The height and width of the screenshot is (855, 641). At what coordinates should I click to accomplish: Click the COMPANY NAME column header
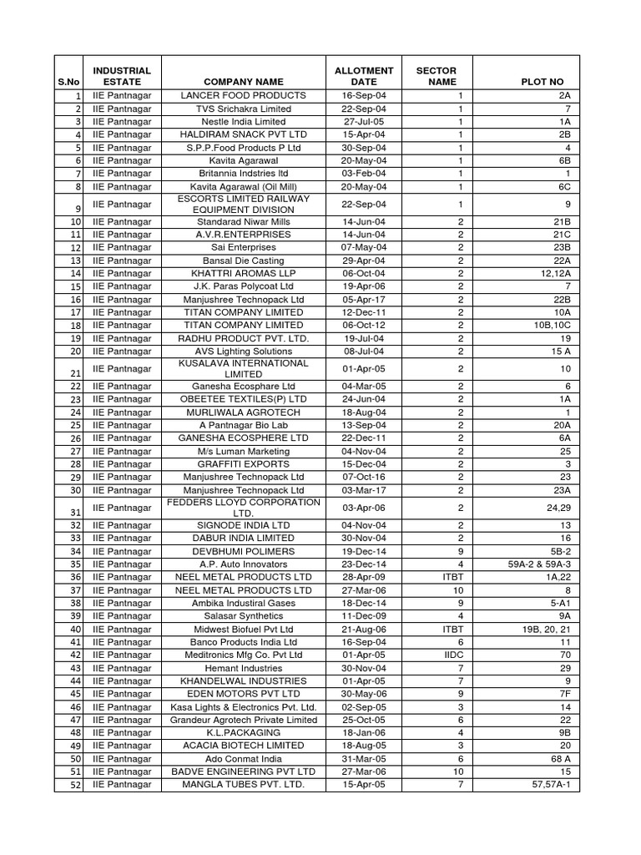243,82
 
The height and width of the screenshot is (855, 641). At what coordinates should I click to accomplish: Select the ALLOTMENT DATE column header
364,76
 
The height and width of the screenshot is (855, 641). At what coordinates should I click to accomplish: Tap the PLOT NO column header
543,82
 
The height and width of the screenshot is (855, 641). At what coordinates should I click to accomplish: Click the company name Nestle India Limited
243,122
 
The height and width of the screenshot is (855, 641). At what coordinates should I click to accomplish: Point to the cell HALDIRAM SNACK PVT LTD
243,134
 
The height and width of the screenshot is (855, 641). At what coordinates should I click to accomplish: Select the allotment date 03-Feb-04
364,173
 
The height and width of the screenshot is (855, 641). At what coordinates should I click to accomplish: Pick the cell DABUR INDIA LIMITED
243,539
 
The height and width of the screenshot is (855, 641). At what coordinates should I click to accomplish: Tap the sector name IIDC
460,655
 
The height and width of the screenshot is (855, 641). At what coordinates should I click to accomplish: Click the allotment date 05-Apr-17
364,299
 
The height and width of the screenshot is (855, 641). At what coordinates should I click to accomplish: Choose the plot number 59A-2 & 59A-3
538,564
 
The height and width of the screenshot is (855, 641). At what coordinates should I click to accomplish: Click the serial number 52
75,785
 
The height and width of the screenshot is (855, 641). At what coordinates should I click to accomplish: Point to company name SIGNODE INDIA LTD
243,525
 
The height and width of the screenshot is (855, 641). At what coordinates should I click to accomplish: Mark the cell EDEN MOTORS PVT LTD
243,694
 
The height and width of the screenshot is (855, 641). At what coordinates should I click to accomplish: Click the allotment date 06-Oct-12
364,325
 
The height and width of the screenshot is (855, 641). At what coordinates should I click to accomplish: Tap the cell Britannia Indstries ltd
243,173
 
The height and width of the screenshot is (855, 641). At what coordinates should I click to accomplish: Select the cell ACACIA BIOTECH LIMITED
243,745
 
